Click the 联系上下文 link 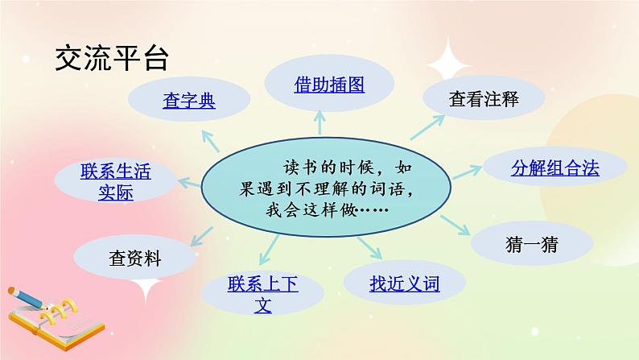[263, 294]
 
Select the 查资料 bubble [135, 259]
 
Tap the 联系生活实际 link [115, 182]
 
